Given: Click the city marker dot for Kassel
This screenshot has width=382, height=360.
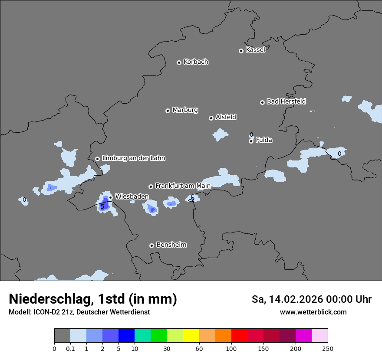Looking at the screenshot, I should click(x=241, y=51).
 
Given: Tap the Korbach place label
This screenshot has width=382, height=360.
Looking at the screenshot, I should click(x=196, y=62).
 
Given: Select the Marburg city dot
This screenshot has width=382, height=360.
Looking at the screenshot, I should click(x=168, y=111).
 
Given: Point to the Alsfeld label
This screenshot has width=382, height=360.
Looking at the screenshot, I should click(x=226, y=117).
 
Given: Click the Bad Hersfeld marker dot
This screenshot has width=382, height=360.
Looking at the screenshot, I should click(x=262, y=102).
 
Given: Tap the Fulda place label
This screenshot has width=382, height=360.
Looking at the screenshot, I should click(x=264, y=140).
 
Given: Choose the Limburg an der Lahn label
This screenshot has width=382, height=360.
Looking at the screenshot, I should click(x=133, y=158).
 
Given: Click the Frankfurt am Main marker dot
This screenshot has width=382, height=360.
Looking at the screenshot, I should click(x=151, y=187).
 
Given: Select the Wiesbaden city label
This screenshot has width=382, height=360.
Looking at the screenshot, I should click(x=132, y=196).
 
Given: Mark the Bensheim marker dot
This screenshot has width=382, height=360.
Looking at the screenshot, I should click(x=151, y=245).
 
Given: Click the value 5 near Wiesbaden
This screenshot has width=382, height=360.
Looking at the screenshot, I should click(x=102, y=207).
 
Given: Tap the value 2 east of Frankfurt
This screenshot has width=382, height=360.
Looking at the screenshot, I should click(x=192, y=200).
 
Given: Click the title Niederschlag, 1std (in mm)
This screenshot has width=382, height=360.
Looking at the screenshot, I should click(x=93, y=299).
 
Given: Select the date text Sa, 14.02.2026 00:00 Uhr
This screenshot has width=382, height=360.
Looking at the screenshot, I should click(x=311, y=299).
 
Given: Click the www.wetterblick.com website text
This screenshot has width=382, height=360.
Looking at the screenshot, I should click(x=313, y=312).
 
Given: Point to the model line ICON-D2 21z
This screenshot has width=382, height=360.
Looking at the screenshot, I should click(x=79, y=312).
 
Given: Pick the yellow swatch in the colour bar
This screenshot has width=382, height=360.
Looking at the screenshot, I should click(x=191, y=336).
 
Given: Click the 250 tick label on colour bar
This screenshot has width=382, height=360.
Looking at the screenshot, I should click(x=328, y=348).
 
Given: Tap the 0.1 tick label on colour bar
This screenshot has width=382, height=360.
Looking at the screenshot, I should click(x=70, y=348).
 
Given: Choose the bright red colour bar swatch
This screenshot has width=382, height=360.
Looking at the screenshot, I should click(x=239, y=336).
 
